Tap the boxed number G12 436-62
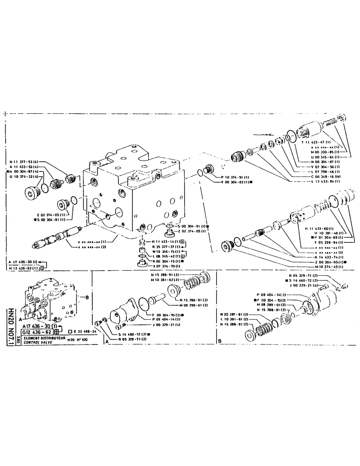pos(35,331)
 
